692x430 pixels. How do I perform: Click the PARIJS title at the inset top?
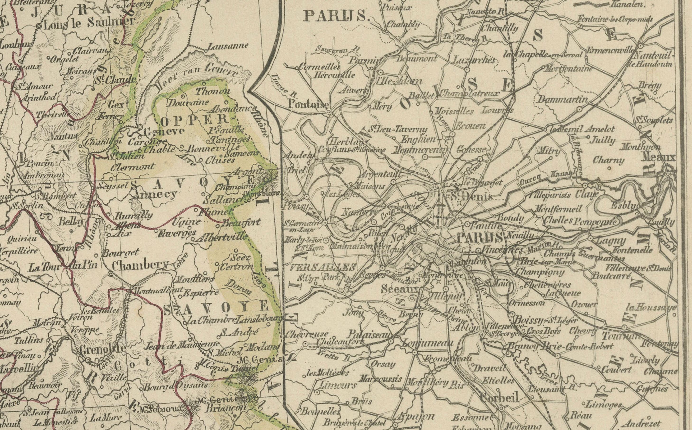(335, 16)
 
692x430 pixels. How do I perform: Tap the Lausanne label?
(228, 46)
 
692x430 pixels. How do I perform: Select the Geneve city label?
(164, 132)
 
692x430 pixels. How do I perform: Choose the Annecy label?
(155, 195)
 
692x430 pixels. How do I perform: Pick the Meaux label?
(659, 157)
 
